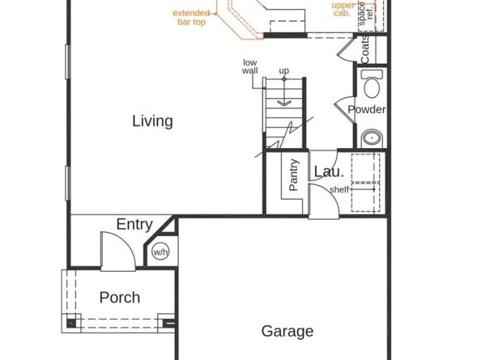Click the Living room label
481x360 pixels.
point(152,121)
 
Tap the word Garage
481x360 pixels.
point(287,331)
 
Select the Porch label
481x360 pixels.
point(119,298)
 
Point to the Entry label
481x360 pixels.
point(134,224)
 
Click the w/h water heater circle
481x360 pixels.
point(160,251)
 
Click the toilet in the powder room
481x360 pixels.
point(372,86)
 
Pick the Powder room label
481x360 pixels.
point(366,110)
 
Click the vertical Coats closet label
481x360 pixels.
point(365,49)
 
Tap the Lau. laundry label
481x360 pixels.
point(329,172)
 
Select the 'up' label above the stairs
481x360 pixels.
point(284,71)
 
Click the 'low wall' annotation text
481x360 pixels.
point(249,66)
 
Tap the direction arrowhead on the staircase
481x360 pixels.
point(284,103)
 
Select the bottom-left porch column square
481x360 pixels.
point(71,323)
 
